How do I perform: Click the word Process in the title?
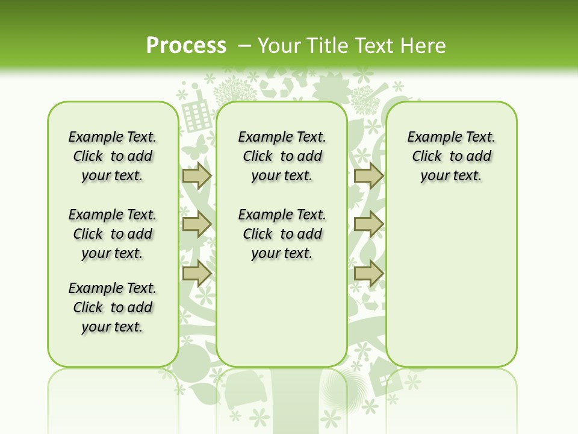186,46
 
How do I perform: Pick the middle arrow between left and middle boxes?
196,224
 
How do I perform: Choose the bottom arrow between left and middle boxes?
196,273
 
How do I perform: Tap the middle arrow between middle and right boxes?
368,224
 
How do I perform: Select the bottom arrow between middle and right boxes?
368,273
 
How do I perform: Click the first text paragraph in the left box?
113,156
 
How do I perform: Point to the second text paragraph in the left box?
113,234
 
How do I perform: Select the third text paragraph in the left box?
113,307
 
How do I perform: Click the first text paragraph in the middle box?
282,156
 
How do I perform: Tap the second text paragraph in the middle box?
282,234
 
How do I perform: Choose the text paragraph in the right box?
452,156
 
